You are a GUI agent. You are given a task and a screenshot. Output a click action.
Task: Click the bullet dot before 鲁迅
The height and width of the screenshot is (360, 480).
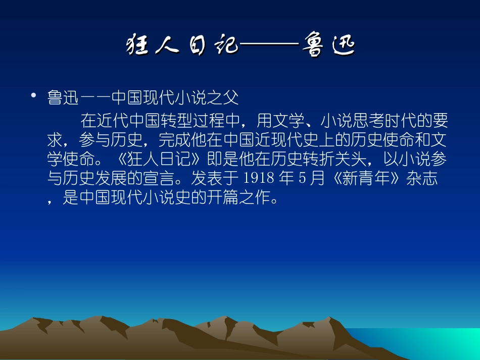pos(34,95)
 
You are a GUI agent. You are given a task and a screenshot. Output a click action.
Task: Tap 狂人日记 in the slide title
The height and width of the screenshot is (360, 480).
pos(181,45)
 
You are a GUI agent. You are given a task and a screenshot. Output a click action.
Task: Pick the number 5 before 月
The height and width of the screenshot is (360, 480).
pos(303,179)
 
